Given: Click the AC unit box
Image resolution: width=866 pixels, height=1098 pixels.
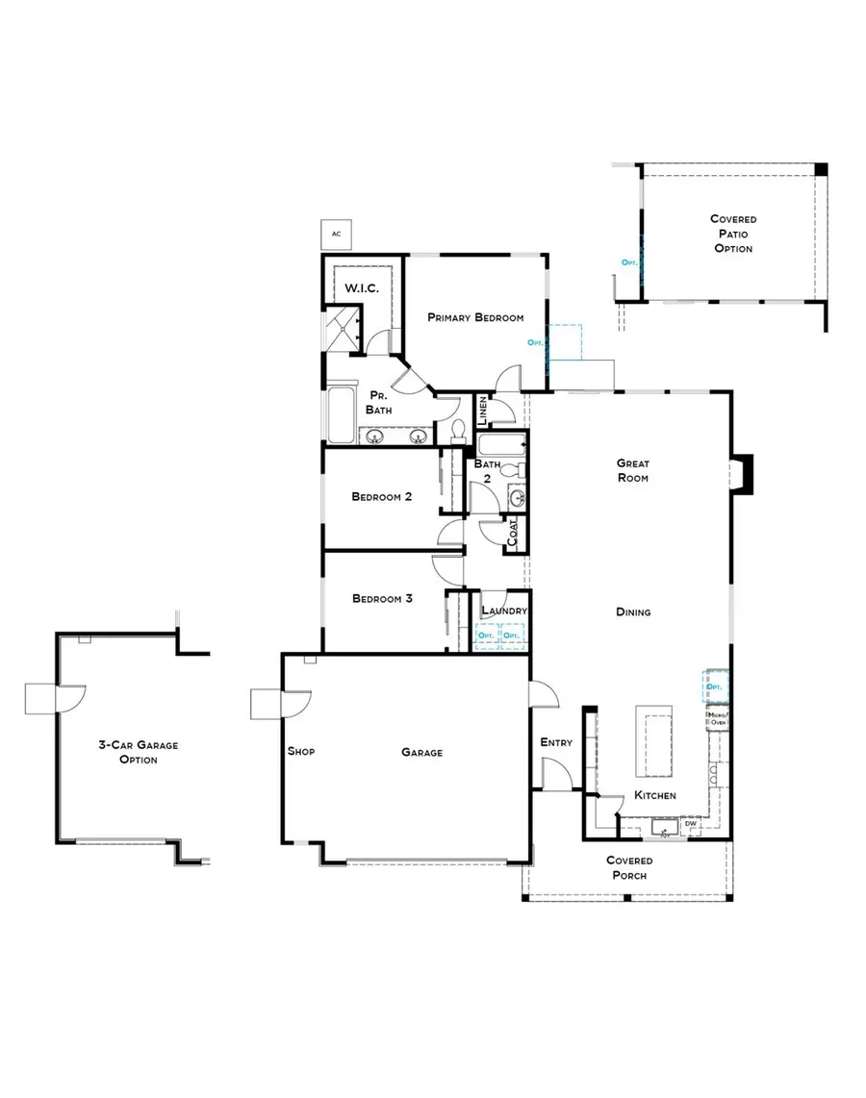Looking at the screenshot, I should click(x=336, y=234).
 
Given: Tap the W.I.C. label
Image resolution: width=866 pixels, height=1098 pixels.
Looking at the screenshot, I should click(x=361, y=288).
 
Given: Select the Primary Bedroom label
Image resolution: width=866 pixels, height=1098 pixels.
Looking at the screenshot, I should click(x=475, y=318).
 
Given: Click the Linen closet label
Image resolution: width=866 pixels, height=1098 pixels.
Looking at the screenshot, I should click(x=483, y=411).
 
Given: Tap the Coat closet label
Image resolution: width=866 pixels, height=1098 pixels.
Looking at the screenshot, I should click(x=513, y=534).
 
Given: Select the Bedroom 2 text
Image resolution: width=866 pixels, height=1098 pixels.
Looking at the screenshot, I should click(x=381, y=497).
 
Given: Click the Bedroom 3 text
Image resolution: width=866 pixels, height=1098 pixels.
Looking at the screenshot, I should click(x=381, y=598).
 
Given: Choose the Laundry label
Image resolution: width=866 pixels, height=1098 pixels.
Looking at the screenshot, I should click(x=503, y=611).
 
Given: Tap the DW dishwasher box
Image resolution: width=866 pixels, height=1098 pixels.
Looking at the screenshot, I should click(x=691, y=824).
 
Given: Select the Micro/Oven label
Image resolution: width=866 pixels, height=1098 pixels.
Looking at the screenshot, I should click(x=718, y=720).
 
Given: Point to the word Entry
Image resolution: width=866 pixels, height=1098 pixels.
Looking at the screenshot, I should click(x=556, y=742).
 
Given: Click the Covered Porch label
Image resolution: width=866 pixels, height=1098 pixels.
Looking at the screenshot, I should click(x=629, y=868).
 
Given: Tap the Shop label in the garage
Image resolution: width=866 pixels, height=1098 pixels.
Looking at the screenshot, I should click(x=300, y=752).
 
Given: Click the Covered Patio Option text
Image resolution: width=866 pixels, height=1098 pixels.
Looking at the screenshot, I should click(x=733, y=234).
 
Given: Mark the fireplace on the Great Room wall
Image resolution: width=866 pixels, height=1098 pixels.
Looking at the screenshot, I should click(x=743, y=474).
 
